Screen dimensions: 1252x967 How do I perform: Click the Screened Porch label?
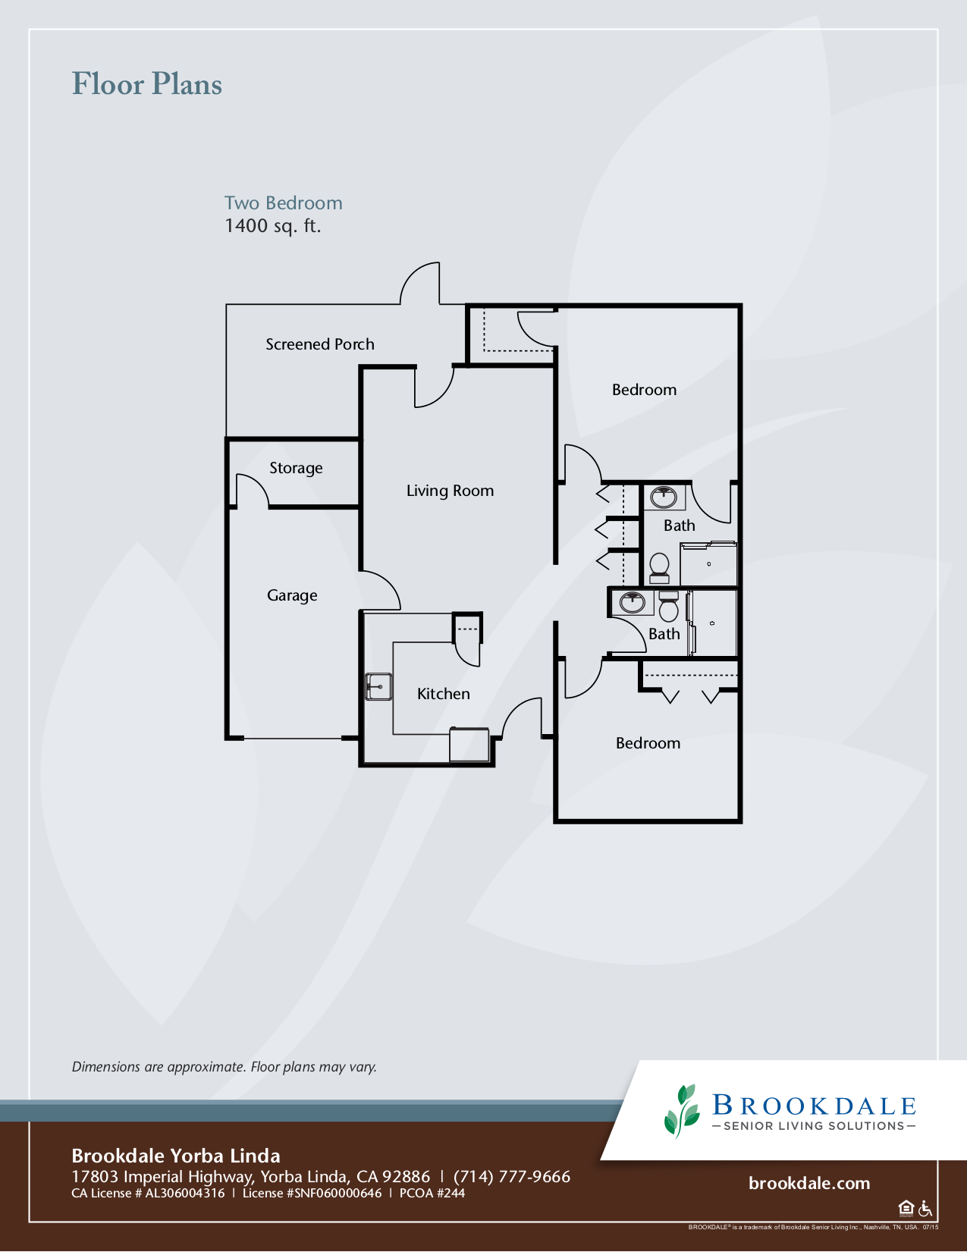click(319, 344)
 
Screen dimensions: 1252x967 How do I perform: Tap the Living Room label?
click(450, 491)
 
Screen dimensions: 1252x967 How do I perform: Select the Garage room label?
click(292, 595)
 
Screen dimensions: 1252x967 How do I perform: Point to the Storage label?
click(296, 468)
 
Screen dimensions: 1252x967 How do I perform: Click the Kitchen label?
click(443, 694)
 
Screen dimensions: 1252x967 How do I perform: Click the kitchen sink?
click(378, 686)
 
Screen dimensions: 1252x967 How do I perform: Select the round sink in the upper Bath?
click(664, 497)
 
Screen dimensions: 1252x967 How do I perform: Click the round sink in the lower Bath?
click(632, 603)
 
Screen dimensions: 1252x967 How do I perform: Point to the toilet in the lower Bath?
click(668, 607)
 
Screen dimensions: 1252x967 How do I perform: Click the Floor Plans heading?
click(147, 84)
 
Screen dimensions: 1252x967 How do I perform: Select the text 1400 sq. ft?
click(272, 226)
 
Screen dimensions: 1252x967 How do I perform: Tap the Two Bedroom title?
click(283, 203)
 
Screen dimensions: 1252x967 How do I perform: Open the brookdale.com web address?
click(808, 1183)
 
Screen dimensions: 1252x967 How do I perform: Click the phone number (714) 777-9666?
click(512, 1176)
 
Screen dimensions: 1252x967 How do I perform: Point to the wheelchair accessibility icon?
click(925, 1208)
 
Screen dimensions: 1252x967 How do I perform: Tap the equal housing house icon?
click(906, 1208)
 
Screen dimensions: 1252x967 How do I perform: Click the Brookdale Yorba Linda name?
click(176, 1156)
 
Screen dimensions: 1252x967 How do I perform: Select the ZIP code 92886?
click(406, 1176)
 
